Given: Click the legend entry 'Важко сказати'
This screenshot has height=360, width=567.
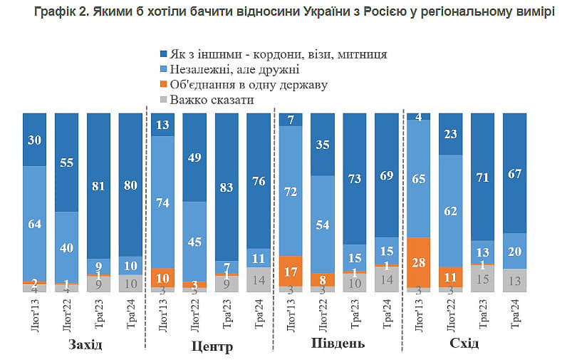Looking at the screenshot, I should (x=212, y=100).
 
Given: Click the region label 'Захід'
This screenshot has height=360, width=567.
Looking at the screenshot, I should (x=85, y=345).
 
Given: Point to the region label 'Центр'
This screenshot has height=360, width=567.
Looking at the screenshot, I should (x=213, y=346).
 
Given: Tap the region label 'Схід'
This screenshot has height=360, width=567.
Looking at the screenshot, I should (x=464, y=344).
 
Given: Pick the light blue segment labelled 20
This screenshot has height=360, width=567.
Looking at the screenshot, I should (x=515, y=250).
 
